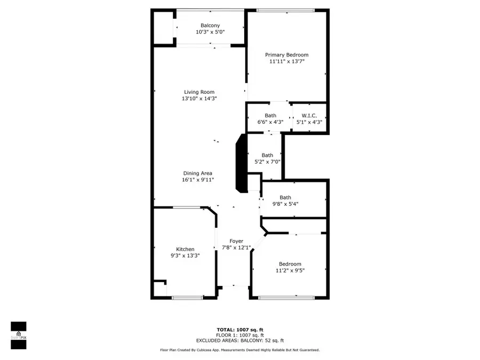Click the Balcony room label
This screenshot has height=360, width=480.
tap(210, 26)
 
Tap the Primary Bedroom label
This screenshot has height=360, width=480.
tap(287, 55)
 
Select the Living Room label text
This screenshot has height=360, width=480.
tap(199, 92)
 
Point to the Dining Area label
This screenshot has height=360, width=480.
tap(197, 173)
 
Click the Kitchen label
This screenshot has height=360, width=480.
tap(185, 249)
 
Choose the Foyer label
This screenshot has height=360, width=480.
tap(236, 241)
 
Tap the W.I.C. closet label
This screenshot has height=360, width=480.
tap(309, 116)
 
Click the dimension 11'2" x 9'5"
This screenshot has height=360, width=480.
tap(290, 270)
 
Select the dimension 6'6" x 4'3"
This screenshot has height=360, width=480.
tap(270, 122)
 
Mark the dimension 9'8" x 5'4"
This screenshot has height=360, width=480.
tap(285, 204)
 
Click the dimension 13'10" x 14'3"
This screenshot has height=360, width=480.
tap(199, 99)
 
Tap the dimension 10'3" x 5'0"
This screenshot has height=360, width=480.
tap(210, 32)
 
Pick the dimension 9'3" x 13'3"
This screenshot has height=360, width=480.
tap(185, 255)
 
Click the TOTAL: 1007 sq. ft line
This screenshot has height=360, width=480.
tap(239, 330)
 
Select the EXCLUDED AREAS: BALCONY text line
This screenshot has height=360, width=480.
tap(239, 340)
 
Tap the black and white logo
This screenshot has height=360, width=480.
tap(19, 335)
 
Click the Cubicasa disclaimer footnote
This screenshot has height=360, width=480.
tap(239, 350)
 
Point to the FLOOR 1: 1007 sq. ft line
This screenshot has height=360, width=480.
tap(239, 335)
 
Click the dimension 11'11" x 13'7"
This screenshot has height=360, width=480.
tap(287, 61)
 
